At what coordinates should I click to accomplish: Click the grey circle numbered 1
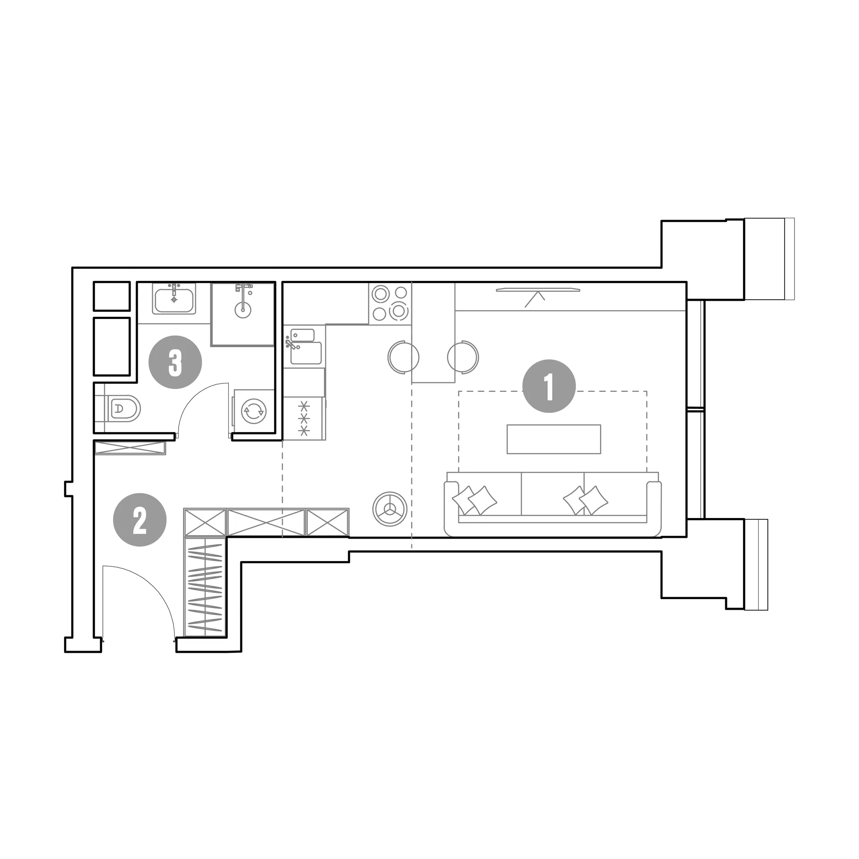coord(549,386)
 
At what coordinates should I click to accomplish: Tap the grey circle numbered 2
coord(140,520)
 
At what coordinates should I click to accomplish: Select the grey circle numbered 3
coord(175,362)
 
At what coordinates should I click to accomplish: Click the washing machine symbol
coord(253,411)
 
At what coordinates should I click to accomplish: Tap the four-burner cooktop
coord(390,303)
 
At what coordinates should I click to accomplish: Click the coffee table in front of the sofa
coord(553,439)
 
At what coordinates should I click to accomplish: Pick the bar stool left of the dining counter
coord(403,357)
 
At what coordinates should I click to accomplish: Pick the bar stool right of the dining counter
coord(464,357)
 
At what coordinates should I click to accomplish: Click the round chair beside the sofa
coord(390,510)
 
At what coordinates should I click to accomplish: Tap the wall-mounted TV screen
coord(538,290)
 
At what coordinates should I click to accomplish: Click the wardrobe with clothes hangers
coord(205,587)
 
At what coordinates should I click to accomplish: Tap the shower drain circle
coord(243,310)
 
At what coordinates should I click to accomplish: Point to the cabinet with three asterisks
coord(305,419)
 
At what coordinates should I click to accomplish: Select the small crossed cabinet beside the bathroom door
coord(130,448)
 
